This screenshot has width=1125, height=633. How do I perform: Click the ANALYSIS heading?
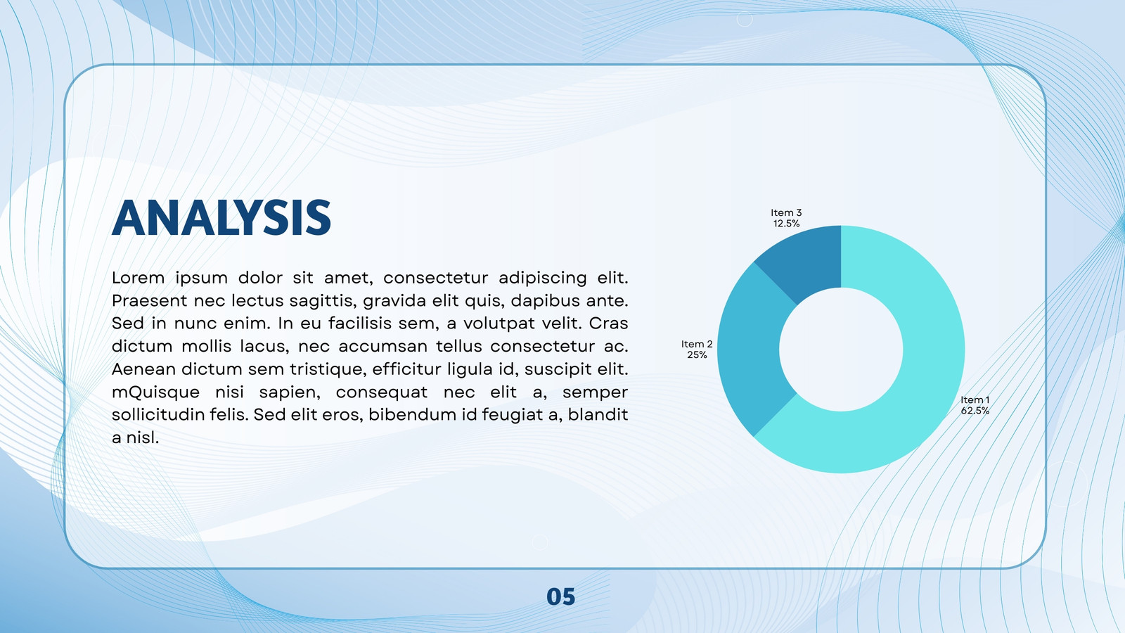coord(221,217)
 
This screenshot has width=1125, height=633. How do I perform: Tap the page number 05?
coord(560,597)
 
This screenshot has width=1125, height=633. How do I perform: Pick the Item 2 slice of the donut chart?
coord(748,352)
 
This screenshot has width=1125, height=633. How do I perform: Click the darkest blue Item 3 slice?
coord(804,261)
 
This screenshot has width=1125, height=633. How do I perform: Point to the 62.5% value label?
coord(975,411)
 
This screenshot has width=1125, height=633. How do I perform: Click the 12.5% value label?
coord(787,224)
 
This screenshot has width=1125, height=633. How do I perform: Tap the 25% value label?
coord(697,354)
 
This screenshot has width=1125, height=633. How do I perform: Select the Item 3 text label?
coord(787,213)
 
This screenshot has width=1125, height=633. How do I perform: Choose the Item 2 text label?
coord(697,344)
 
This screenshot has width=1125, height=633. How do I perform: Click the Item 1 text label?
coord(975,400)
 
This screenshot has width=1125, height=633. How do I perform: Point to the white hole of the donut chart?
coord(841,349)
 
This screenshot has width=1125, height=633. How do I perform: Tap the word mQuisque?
coord(155,392)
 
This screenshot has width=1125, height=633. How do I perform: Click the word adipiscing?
coord(543,278)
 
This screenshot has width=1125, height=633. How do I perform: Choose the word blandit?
coord(598,414)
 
